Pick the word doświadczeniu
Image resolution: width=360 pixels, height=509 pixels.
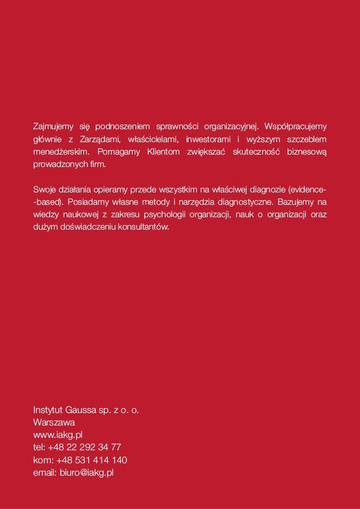[83, 229]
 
